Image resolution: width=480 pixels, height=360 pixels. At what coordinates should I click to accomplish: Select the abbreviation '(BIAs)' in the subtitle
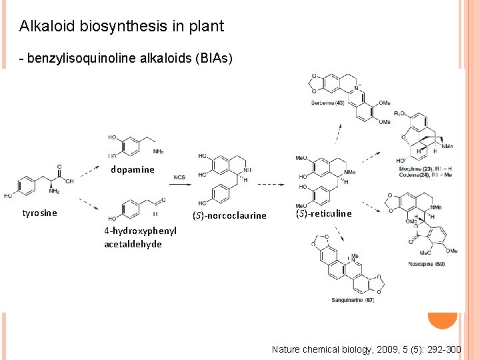pos(211,59)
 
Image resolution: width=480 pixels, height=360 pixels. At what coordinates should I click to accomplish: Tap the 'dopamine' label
pos(132,169)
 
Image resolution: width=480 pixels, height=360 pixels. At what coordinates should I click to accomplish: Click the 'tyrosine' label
pos(40,213)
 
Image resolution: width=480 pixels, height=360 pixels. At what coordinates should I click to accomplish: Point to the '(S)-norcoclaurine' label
pos(229,215)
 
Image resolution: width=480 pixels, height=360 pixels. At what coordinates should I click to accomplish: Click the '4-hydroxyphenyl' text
pos(140,231)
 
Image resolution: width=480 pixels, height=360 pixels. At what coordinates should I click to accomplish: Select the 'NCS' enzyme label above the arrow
pos(179,177)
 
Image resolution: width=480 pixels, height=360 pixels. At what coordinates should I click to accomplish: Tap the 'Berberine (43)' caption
pos(327,103)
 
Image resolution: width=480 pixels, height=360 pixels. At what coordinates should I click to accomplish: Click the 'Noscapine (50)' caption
pos(427,265)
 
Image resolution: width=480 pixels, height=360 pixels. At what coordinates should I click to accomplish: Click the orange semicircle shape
pos(443,321)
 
